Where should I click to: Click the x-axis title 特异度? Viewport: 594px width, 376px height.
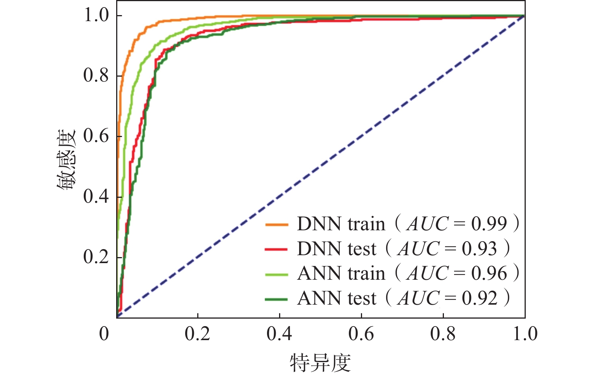(x=320, y=363)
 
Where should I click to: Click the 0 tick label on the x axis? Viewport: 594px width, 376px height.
(x=104, y=334)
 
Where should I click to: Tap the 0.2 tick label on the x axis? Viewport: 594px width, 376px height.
(x=197, y=334)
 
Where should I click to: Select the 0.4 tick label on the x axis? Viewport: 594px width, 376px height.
(x=279, y=334)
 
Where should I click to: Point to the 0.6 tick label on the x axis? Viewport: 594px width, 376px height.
(x=361, y=334)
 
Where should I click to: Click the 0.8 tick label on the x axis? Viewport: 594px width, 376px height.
(x=443, y=334)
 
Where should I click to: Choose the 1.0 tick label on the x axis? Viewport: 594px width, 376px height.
(x=525, y=334)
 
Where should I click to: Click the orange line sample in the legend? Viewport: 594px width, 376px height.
(x=276, y=225)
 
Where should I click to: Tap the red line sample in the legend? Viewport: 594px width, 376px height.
(x=276, y=249)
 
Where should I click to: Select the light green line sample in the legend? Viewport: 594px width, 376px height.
(x=276, y=274)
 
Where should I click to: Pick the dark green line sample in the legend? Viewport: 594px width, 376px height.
(x=276, y=299)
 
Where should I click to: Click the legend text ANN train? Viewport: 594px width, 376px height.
(x=341, y=274)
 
